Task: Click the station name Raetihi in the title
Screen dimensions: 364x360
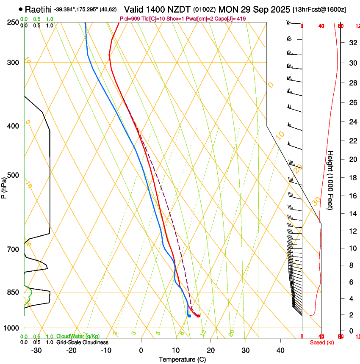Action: coord(39,9)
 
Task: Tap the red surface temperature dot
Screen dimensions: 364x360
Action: coord(198,316)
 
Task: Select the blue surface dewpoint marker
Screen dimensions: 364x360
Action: coord(189,316)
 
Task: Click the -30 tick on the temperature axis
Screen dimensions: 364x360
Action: coord(36,350)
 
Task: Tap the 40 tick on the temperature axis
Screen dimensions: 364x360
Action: coord(280,350)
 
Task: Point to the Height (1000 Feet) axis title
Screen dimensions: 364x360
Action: coord(331,180)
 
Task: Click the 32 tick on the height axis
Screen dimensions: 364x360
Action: coord(352,42)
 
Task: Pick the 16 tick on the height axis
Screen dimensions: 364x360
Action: coord(352,196)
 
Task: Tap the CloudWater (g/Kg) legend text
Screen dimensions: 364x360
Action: coord(78,336)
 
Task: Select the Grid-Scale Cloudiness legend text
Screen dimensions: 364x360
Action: coord(82,342)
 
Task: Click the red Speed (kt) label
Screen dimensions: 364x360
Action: coord(321,342)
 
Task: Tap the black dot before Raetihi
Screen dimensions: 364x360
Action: coord(21,9)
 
